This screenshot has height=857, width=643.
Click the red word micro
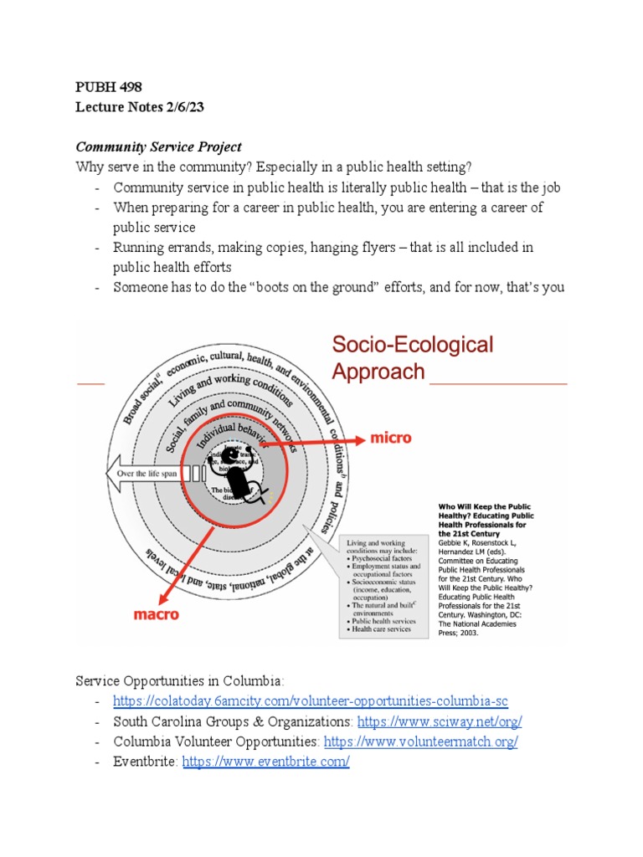(x=390, y=438)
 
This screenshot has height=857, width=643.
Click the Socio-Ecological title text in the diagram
(x=413, y=344)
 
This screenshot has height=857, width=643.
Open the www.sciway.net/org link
(x=440, y=721)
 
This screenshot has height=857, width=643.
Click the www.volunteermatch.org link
(x=420, y=742)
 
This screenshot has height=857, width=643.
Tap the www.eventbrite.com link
(x=265, y=762)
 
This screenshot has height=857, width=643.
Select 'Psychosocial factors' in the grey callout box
(x=384, y=556)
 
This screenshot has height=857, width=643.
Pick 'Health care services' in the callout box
(x=383, y=629)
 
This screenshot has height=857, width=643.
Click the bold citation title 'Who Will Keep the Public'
(x=486, y=506)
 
